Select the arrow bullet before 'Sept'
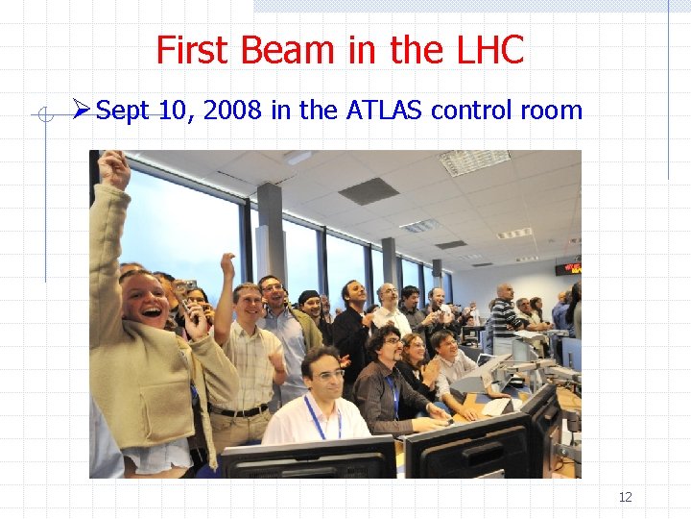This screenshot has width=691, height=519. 81,111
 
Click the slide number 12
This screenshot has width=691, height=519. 625,497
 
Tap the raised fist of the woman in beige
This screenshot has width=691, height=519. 114,168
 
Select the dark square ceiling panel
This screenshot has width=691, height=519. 369,191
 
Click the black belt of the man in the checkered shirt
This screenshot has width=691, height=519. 240,411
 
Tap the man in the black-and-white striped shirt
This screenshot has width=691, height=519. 503,314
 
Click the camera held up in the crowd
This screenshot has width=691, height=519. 188,285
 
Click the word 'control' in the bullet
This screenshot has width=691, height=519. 471,111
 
